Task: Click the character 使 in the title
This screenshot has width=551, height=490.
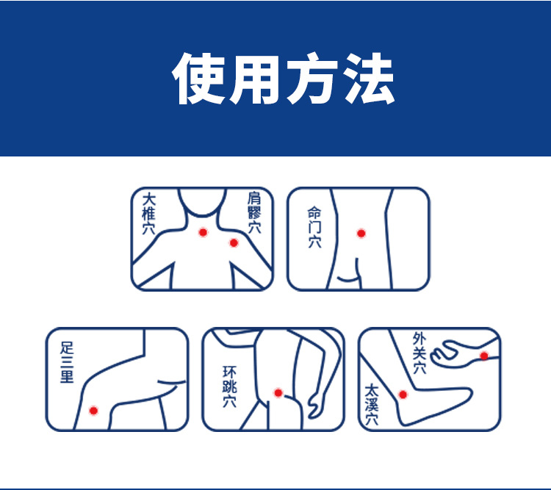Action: coord(199,79)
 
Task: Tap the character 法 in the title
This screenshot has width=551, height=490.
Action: coord(368,79)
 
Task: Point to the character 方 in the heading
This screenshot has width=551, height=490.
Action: coord(312,79)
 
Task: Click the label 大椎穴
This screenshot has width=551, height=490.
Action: coord(148,214)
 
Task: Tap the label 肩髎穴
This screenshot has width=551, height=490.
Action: coord(254,212)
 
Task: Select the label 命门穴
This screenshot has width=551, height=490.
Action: coord(314,227)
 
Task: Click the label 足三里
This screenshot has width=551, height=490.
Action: coord(67,362)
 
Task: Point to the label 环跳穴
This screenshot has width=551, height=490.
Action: coord(229,386)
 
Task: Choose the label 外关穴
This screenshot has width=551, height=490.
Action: coord(419,353)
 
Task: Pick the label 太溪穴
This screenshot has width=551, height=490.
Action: coord(372,405)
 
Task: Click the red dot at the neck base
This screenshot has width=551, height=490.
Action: coord(203,232)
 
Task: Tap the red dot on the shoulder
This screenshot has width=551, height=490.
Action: coord(234,242)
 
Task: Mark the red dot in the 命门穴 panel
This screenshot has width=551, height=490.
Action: coord(361,233)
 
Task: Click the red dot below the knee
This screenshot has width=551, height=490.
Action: coord(93,410)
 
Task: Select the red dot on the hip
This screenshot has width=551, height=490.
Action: coord(278,392)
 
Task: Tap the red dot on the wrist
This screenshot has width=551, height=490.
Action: coord(484,356)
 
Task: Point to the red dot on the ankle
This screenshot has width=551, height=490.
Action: coord(403,394)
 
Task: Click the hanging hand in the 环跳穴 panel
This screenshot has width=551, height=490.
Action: coord(315,406)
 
